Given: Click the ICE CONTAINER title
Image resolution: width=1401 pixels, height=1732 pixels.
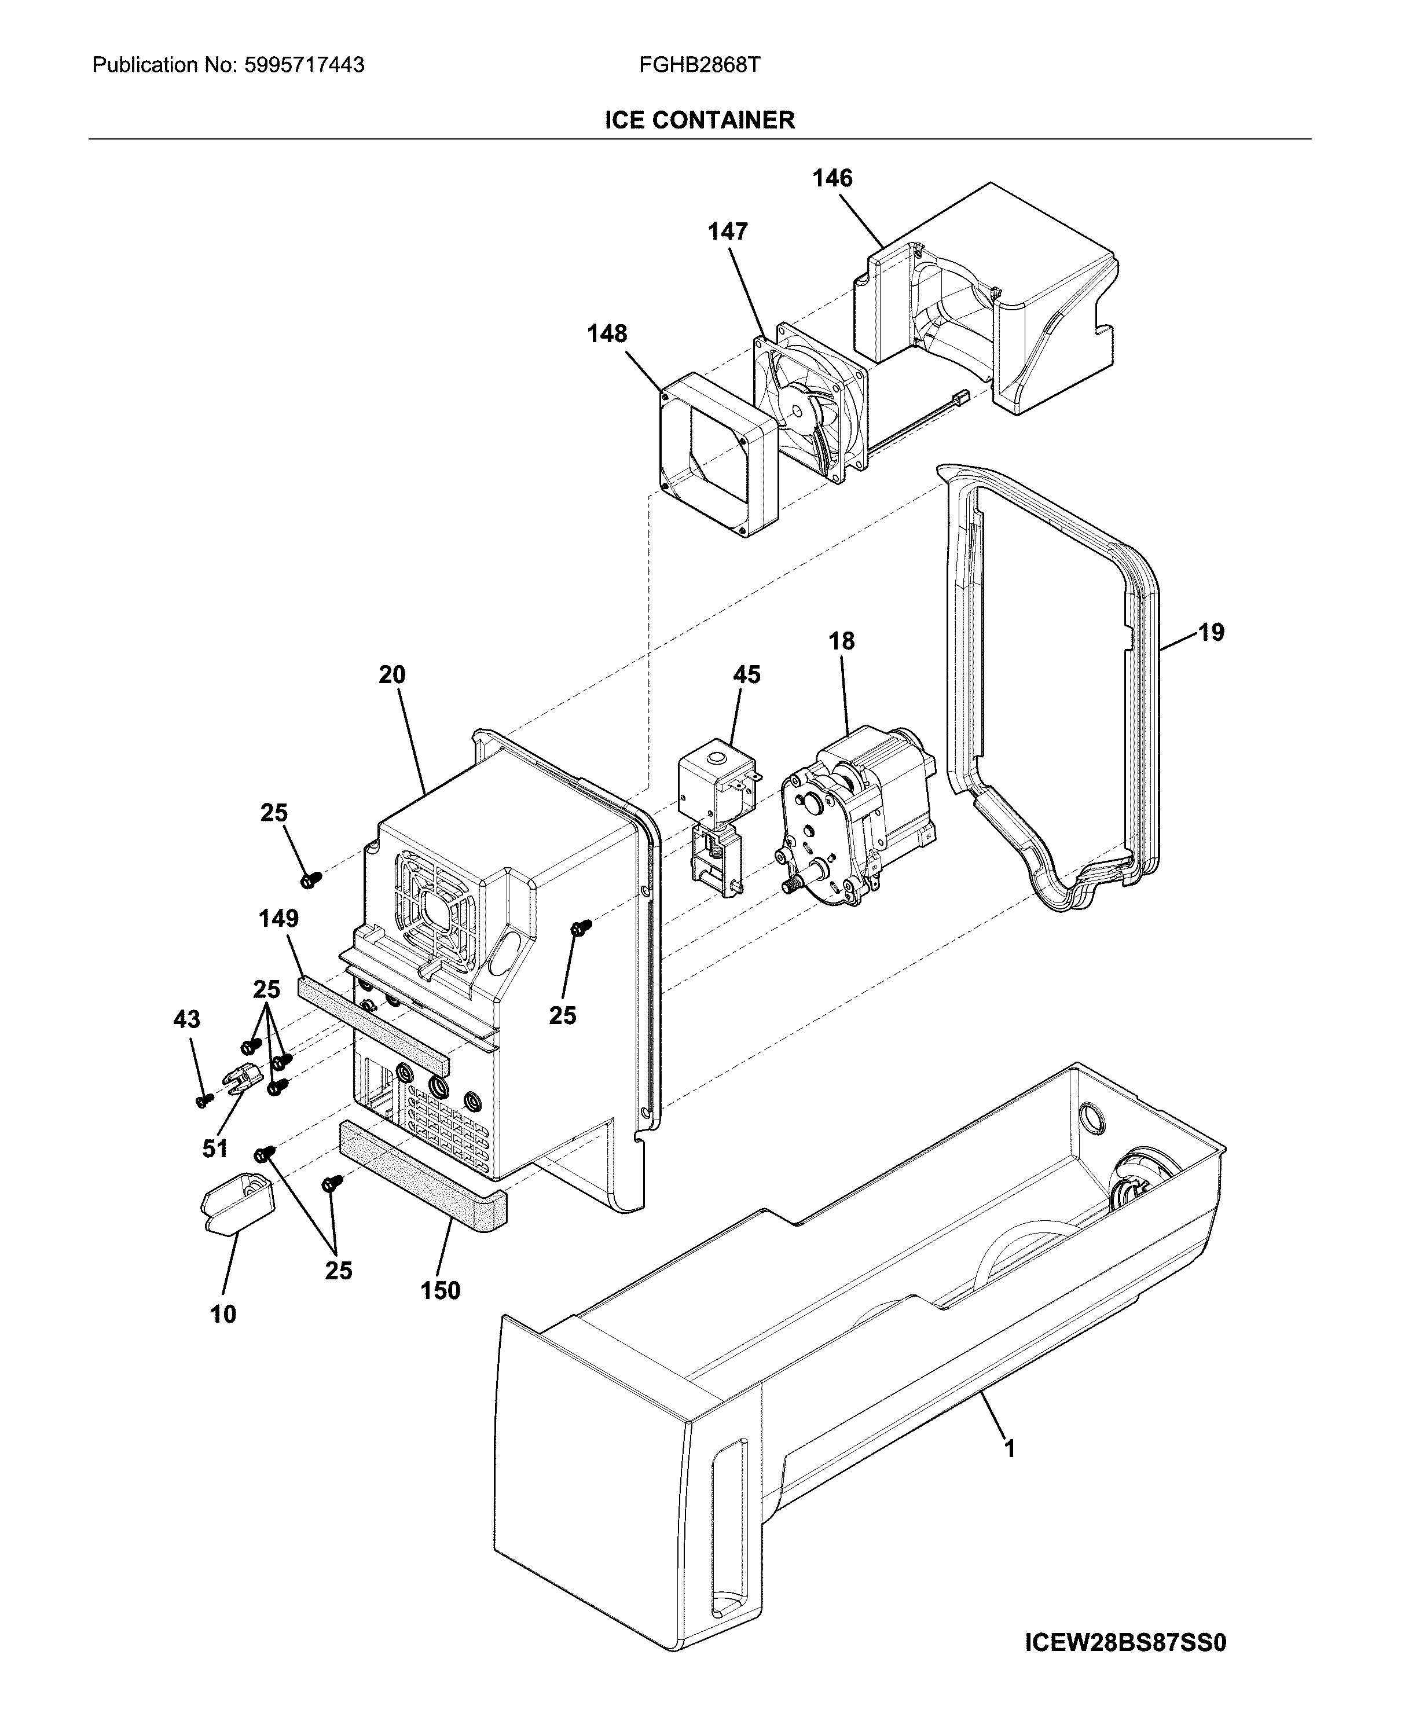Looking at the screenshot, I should [x=700, y=120].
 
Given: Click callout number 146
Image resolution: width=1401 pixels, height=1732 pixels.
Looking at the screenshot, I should [x=832, y=178].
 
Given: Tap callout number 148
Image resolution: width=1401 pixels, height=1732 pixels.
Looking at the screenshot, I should [x=607, y=333].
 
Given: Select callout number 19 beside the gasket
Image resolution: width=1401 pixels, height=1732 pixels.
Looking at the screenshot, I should [x=1211, y=632].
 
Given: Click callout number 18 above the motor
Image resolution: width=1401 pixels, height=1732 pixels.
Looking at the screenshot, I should [x=841, y=641].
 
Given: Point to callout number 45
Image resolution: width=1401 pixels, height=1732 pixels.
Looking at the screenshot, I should [x=746, y=675].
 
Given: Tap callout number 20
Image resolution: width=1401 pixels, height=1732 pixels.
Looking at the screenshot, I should [x=392, y=675].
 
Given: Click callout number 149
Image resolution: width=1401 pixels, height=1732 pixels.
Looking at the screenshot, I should [x=278, y=919].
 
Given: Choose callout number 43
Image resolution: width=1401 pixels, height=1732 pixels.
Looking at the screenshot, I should [x=186, y=1019].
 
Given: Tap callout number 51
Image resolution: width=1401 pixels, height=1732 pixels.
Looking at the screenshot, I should [x=215, y=1148].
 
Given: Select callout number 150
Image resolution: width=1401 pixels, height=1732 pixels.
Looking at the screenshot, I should [x=440, y=1290].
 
